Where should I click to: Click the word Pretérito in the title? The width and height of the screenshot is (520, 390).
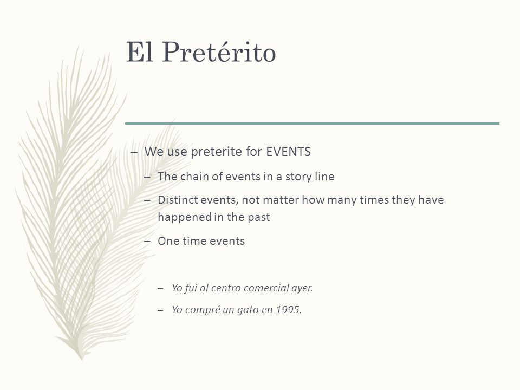coord(219,52)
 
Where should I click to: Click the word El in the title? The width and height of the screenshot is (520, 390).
coord(139,52)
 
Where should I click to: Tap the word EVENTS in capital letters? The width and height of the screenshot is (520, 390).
coord(289,152)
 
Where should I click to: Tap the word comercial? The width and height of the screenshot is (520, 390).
coord(264,288)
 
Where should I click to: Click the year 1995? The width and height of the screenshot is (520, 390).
coord(289,310)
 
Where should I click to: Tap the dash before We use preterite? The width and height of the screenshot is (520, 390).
coord(134,152)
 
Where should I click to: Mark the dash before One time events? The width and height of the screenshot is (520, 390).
coord(147,242)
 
